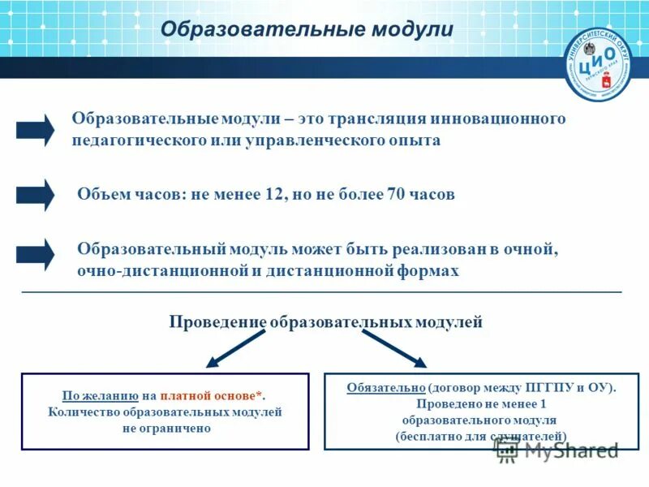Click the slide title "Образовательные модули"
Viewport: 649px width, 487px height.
pyautogui.click(x=307, y=29)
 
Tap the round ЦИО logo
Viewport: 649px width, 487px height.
pyautogui.click(x=598, y=64)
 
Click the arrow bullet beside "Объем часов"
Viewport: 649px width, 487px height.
pyautogui.click(x=35, y=195)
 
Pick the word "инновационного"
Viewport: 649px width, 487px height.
pyautogui.click(x=502, y=119)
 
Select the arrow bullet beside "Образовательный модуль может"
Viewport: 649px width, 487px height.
pyautogui.click(x=35, y=255)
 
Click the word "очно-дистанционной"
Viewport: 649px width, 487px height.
pyautogui.click(x=161, y=271)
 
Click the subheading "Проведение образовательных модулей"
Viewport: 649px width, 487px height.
pyautogui.click(x=325, y=322)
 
